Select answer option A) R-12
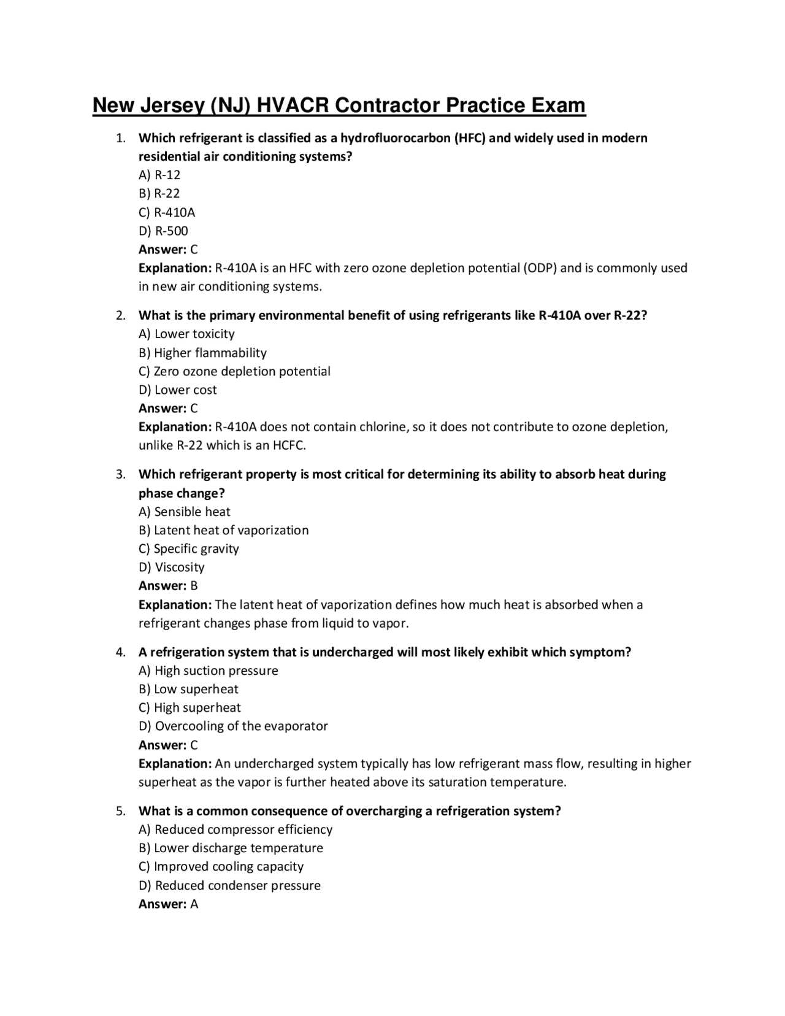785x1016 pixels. (x=159, y=175)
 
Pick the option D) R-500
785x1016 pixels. (x=163, y=231)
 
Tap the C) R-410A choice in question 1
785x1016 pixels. (x=167, y=212)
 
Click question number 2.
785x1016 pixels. (x=121, y=315)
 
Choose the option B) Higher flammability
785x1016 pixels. (x=202, y=353)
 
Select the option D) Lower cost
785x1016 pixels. (x=177, y=390)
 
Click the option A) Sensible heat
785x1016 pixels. (x=185, y=512)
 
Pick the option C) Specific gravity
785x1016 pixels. (x=189, y=548)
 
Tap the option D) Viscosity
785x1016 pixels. (x=171, y=567)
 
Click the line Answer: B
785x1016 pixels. (x=168, y=585)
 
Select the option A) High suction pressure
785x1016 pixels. (x=208, y=671)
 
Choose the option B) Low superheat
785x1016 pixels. (x=188, y=689)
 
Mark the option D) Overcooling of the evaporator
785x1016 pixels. (x=233, y=726)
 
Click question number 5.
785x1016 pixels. (x=121, y=811)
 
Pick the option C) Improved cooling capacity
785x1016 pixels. (x=221, y=866)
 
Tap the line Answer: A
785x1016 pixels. (x=168, y=904)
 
